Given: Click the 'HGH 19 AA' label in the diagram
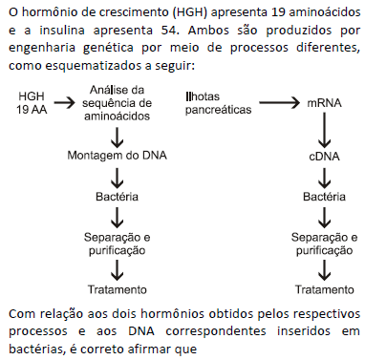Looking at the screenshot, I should (32, 104).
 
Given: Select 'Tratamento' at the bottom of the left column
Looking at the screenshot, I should (117, 289).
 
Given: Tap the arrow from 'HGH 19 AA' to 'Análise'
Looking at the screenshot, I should (67, 97).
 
